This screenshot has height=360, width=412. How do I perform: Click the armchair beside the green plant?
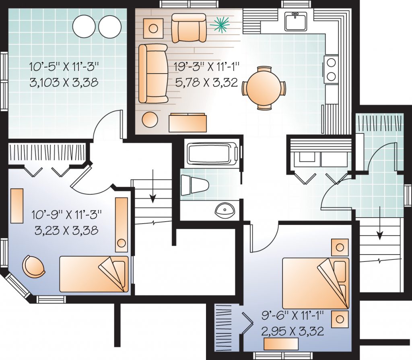pyautogui.click(x=189, y=28)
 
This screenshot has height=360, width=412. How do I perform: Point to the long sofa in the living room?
pyautogui.click(x=153, y=73)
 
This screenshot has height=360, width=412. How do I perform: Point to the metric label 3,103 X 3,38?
pyautogui.click(x=64, y=82)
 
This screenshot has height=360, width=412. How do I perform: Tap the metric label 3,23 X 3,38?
pyautogui.click(x=67, y=230)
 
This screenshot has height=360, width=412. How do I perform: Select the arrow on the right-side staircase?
pyautogui.click(x=379, y=223)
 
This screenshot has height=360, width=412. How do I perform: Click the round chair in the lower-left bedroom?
pyautogui.click(x=33, y=266)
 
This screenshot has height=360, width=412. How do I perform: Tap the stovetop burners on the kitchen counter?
pyautogui.click(x=331, y=69)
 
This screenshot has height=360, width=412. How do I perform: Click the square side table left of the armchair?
pyautogui.click(x=153, y=29)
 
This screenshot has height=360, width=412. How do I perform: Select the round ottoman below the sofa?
pyautogui.click(x=150, y=119)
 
